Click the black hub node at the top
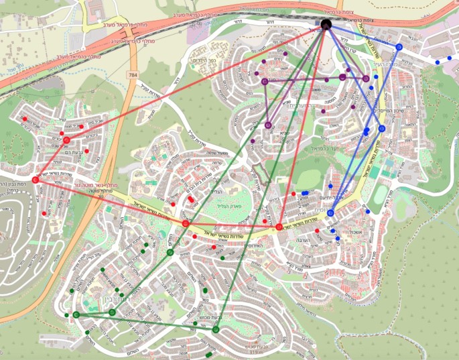click(x=326, y=25)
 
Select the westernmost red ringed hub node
click(x=36, y=180)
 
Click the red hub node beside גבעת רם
click(x=66, y=140)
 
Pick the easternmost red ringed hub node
click(x=279, y=227)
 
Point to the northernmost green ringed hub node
click(x=170, y=253)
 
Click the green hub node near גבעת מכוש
click(x=216, y=329)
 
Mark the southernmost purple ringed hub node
click(x=268, y=125)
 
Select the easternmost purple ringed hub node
click(x=366, y=78)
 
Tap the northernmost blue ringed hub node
click(x=399, y=48)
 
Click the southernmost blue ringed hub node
click(x=330, y=213)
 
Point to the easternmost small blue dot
click(x=447, y=59)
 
